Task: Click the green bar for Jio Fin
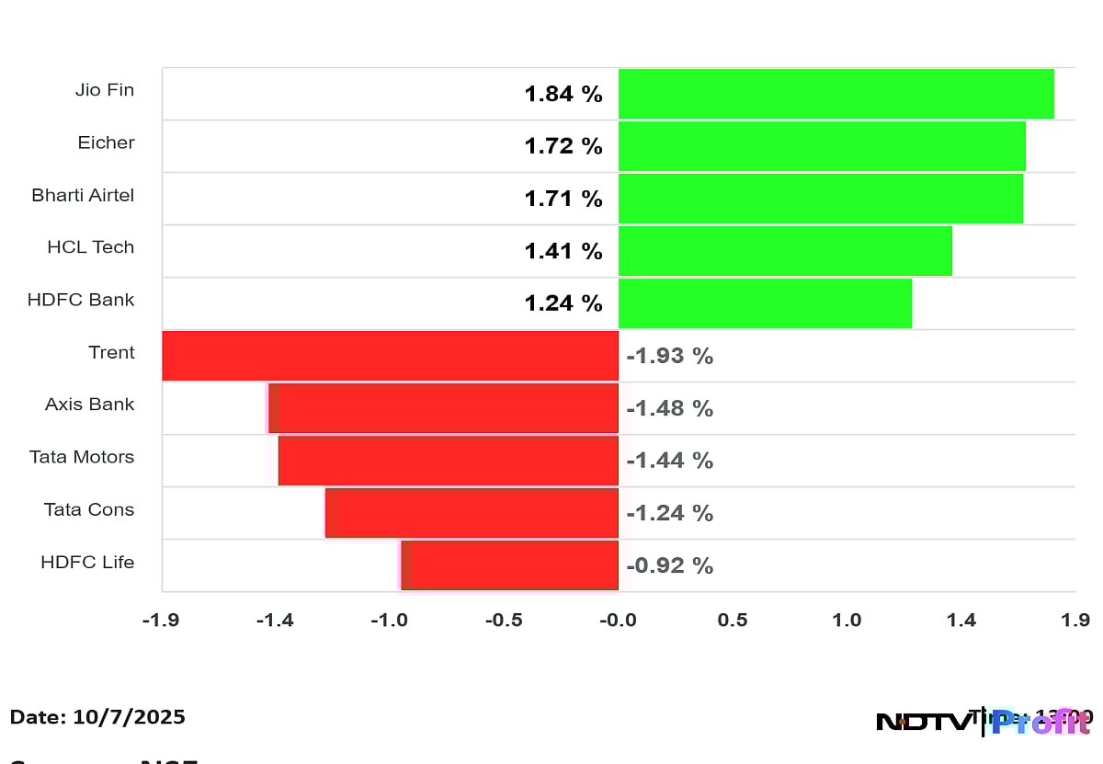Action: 836,94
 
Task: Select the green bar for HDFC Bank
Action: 765,303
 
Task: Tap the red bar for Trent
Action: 391,356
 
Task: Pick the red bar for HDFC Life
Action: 510,565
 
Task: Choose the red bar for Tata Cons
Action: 472,513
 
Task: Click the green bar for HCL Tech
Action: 785,251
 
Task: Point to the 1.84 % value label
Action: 563,94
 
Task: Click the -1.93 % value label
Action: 669,357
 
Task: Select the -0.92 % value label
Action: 669,566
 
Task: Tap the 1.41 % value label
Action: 563,251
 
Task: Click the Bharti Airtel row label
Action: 83,195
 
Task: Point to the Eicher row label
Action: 107,143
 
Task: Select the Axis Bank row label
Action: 90,405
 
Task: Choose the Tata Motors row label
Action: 82,457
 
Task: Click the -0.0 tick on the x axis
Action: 618,621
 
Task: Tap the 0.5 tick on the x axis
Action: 733,621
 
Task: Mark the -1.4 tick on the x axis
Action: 274,621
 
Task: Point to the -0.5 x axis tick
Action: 504,621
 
